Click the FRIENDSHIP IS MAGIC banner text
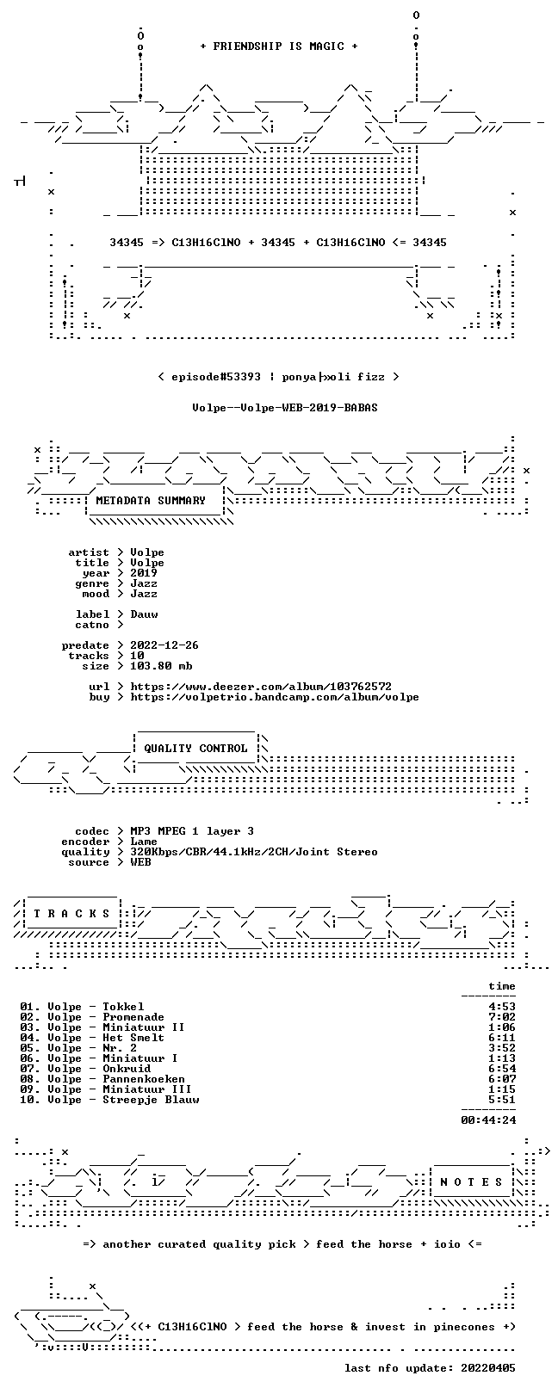coord(279,46)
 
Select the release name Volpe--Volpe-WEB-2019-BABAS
coord(285,408)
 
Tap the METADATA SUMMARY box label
coord(151,500)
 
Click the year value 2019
coord(144,573)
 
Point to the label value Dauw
coord(144,614)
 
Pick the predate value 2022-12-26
coord(164,645)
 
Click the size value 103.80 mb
coord(161,666)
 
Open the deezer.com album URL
coord(261,687)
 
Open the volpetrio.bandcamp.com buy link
coord(275,697)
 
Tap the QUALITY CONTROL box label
coord(195,748)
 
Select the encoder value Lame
coord(144,842)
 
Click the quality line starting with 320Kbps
coord(254,852)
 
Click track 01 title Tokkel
coord(123,1006)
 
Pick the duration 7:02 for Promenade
coord(502,1017)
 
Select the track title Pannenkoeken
coord(144,1078)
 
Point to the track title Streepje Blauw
coord(151,1100)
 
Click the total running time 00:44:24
coord(488,1120)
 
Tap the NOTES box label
coord(471,1181)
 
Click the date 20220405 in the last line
coord(488,1368)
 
